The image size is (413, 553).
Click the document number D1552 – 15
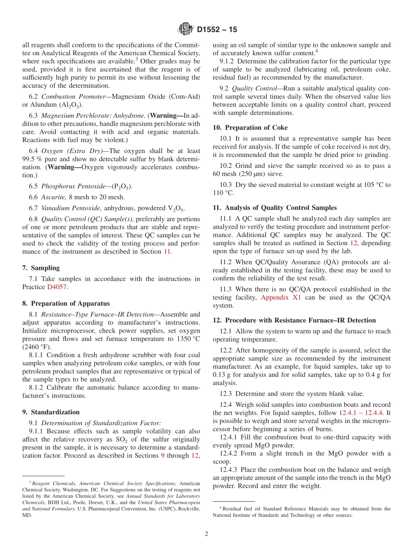pyautogui.click(x=217, y=30)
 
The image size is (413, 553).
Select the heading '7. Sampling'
pyautogui.click(x=41, y=268)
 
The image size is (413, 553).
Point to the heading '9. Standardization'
pyautogui.click(x=51, y=412)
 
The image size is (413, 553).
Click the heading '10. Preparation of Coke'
pyautogui.click(x=250, y=127)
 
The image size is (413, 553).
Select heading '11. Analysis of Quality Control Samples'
pyautogui.click(x=275, y=208)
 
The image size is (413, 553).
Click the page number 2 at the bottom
pyautogui.click(x=206, y=534)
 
